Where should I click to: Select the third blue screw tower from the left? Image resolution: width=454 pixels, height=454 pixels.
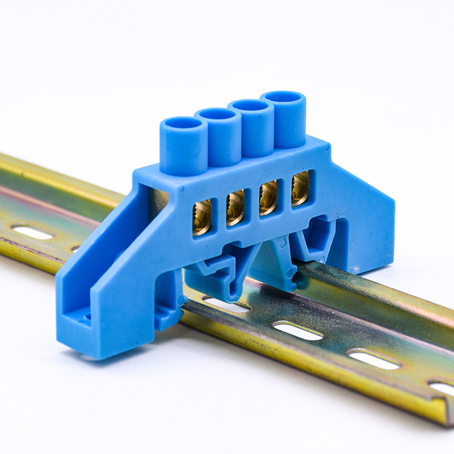point(250,106)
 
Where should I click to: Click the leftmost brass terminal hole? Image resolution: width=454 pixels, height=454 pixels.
point(201,217)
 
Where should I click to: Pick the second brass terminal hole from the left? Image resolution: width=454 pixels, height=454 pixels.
point(235,207)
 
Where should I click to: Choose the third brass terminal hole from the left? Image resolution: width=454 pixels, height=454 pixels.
point(267,197)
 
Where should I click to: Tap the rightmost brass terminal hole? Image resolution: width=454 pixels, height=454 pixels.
point(300,188)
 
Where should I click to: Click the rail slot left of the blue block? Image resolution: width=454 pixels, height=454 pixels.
point(32,232)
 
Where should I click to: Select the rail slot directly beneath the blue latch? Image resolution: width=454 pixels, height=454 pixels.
point(227,305)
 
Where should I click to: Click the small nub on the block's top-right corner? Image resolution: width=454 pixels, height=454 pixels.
point(326,147)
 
